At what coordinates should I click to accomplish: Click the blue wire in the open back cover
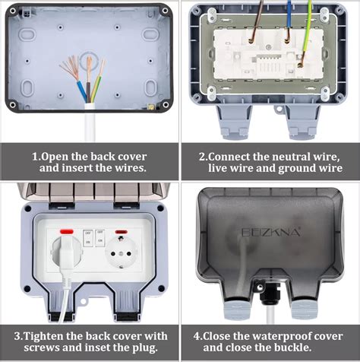[x=81, y=92]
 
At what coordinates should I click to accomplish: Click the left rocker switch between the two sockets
[x=87, y=237]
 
